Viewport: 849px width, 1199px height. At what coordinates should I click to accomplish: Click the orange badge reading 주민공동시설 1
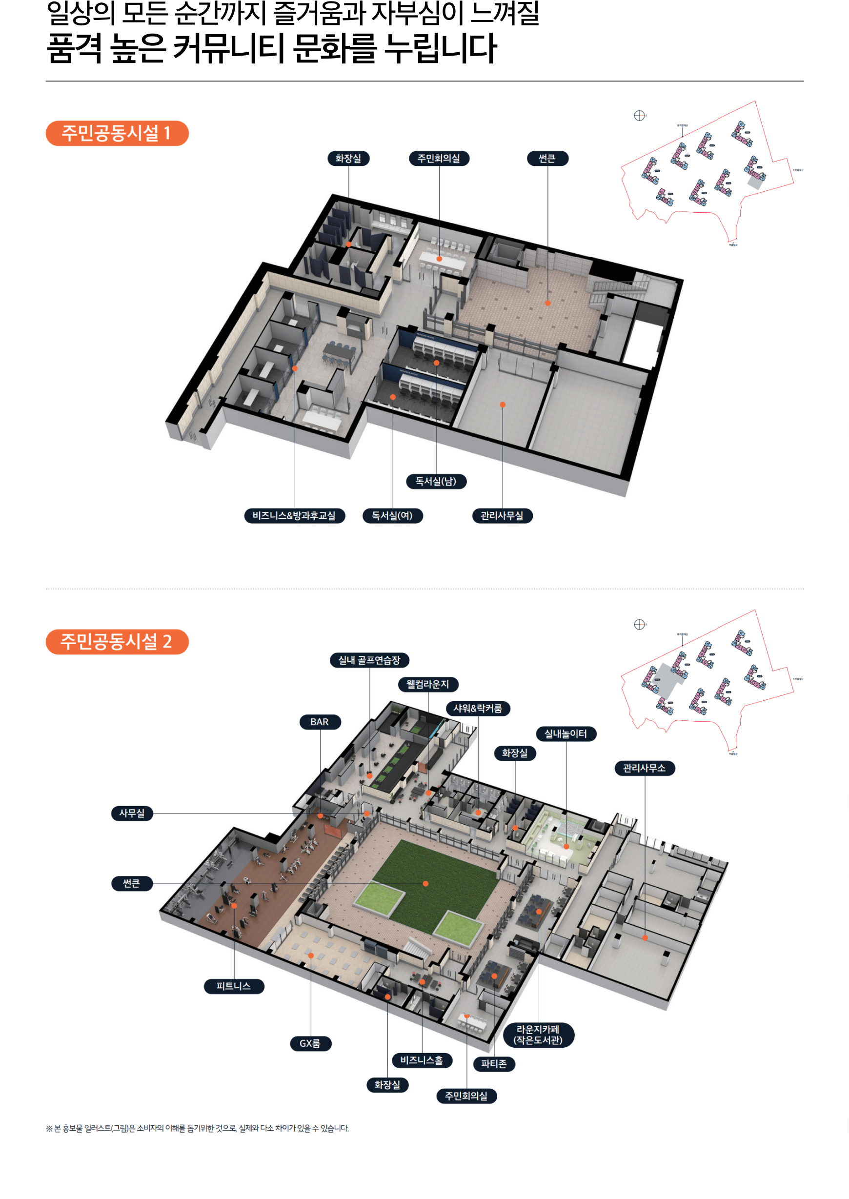117,133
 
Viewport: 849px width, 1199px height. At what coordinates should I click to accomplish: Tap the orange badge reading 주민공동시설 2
117,642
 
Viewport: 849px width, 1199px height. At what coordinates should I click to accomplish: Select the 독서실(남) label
436,481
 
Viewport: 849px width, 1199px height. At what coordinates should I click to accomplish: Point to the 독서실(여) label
392,516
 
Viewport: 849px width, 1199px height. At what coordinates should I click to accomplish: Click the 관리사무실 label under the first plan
502,516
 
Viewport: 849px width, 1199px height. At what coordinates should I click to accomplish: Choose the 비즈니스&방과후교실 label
294,516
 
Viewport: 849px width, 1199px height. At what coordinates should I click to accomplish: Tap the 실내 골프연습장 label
369,660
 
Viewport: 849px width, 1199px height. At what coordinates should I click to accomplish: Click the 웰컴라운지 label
427,684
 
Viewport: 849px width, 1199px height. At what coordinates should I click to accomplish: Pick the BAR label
320,722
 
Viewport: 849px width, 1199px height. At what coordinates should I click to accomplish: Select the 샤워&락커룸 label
478,709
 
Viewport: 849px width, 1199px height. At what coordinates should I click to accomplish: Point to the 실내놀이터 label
566,733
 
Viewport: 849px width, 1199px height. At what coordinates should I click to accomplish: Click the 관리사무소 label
645,768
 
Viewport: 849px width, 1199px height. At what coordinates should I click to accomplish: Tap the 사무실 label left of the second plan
132,813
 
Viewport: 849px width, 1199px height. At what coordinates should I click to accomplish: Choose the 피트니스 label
234,986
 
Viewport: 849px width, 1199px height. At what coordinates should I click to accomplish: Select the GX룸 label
310,1043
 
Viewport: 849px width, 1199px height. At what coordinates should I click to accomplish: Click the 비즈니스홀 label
422,1060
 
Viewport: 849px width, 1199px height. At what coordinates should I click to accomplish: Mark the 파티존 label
494,1064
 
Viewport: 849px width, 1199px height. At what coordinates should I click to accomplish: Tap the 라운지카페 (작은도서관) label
539,1035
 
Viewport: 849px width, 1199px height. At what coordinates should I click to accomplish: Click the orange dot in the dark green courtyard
425,884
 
